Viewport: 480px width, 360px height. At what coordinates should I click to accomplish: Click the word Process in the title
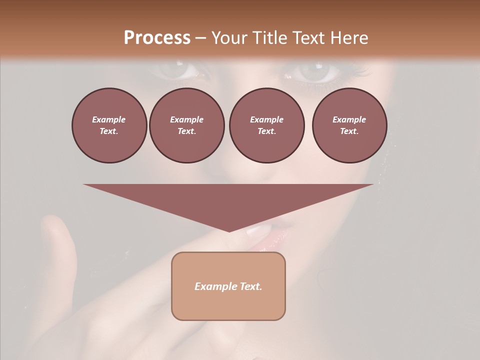157,38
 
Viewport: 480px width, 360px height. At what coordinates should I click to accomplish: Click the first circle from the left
109,125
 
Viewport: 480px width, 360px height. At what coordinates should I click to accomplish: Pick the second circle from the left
187,125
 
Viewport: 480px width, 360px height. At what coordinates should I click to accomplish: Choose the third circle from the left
266,125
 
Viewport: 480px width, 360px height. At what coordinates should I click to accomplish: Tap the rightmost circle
349,125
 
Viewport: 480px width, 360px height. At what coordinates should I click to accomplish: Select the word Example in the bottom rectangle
214,286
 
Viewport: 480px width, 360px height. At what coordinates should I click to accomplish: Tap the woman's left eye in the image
314,73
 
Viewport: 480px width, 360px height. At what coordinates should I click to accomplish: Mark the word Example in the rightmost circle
349,119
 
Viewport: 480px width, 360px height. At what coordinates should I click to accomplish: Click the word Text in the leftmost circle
108,131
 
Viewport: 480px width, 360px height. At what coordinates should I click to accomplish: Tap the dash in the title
201,38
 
